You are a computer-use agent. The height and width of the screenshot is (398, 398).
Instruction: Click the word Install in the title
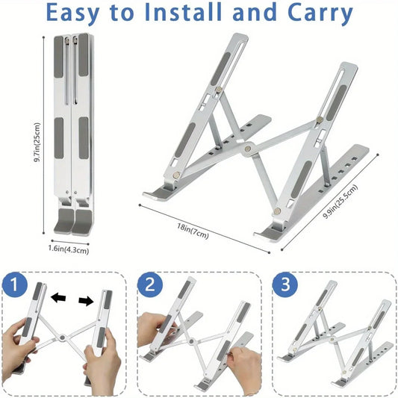click(194, 13)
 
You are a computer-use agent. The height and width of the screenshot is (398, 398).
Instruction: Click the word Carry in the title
click(314, 13)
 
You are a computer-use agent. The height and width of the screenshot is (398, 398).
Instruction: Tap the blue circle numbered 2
click(152, 284)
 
